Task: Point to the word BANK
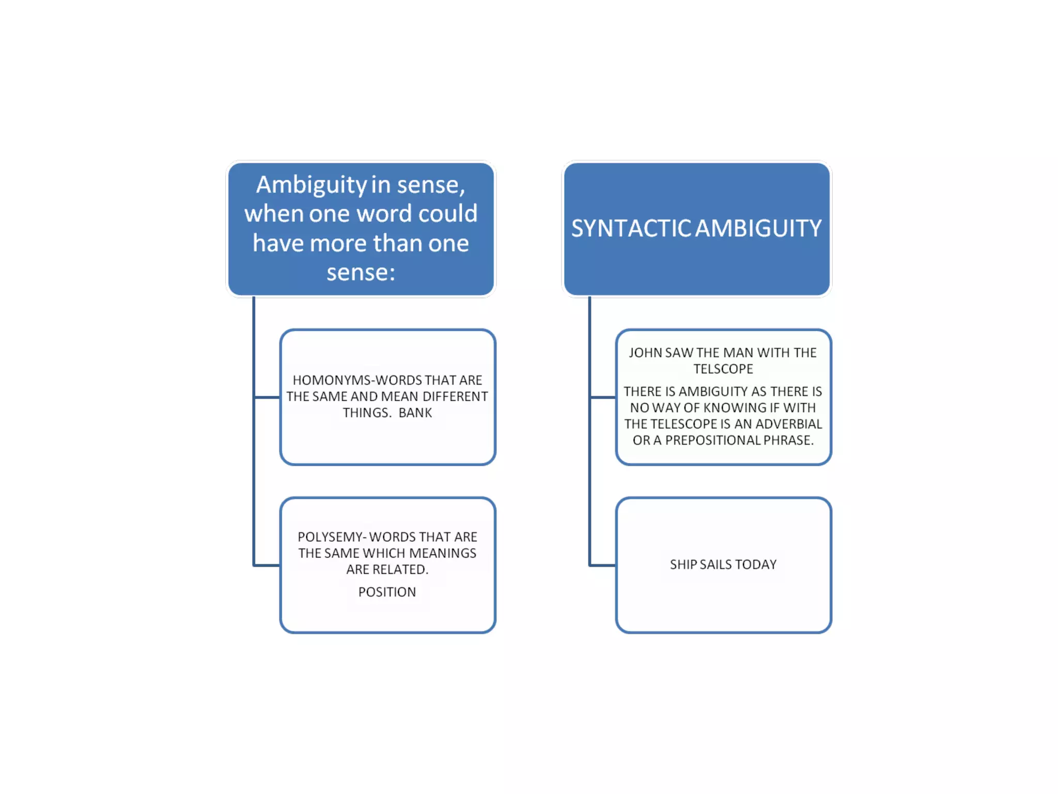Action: point(415,413)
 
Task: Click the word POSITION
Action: point(387,592)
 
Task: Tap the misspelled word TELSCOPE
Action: point(723,369)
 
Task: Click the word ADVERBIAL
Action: point(788,424)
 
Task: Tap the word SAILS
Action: point(716,564)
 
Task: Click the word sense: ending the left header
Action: point(361,272)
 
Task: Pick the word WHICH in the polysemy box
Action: point(384,553)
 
